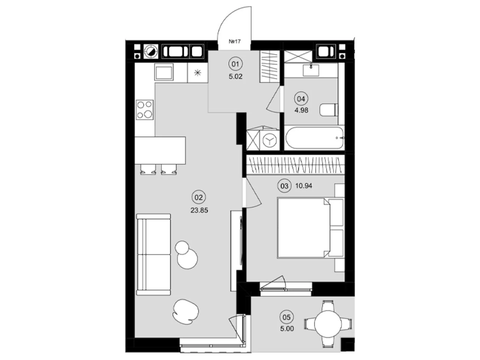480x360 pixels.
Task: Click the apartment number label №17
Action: (x=234, y=41)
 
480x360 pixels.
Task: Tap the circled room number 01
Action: (x=235, y=64)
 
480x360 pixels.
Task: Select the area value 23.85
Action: (x=199, y=210)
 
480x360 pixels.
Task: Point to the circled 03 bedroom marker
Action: (x=284, y=186)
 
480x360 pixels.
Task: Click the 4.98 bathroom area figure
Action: (x=301, y=110)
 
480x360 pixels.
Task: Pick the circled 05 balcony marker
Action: (x=286, y=317)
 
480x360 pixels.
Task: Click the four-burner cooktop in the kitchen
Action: (x=144, y=110)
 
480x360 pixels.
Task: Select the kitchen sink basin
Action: (x=164, y=72)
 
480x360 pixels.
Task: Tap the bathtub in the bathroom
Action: (x=314, y=138)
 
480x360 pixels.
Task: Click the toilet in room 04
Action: (x=328, y=110)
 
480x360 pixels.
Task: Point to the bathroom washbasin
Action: (x=311, y=70)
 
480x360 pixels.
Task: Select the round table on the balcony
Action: (x=328, y=324)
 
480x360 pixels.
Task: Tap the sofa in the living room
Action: (x=153, y=255)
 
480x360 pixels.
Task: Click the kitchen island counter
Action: (x=160, y=150)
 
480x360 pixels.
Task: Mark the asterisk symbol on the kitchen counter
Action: (x=198, y=73)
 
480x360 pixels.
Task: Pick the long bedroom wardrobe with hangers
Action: (x=295, y=165)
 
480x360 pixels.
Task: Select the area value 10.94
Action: (x=303, y=186)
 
